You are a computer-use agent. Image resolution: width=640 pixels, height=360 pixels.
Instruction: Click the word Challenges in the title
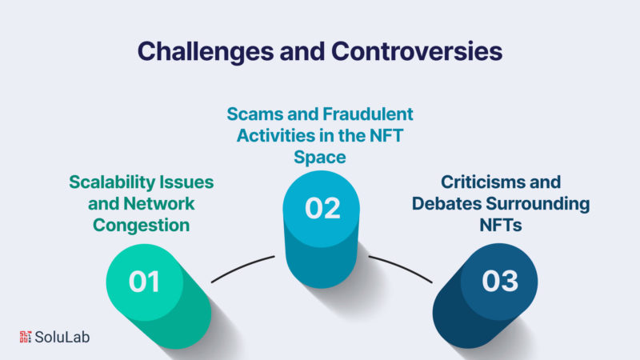coord(206,52)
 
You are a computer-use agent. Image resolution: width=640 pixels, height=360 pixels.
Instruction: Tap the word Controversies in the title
coord(417,51)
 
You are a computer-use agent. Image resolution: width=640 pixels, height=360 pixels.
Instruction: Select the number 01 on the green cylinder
coord(144,282)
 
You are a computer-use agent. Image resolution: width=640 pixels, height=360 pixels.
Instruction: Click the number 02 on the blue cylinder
coord(322,208)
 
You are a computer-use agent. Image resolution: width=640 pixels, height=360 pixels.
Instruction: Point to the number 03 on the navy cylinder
coord(500,281)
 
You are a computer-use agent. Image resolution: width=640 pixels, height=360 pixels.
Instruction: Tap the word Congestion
coord(142,226)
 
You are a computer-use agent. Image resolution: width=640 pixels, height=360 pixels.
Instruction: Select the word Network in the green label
coord(159,204)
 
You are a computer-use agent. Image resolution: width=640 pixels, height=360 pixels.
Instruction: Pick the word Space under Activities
coord(320,158)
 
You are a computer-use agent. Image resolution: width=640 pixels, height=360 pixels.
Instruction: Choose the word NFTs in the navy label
coord(501,226)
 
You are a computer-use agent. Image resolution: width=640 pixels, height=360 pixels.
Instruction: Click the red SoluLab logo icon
coord(26,337)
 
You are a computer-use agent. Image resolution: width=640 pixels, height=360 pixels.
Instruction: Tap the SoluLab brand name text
coord(62,337)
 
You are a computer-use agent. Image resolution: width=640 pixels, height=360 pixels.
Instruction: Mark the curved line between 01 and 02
coord(243,268)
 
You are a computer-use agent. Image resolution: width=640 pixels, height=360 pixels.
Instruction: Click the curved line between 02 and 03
coord(401,268)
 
